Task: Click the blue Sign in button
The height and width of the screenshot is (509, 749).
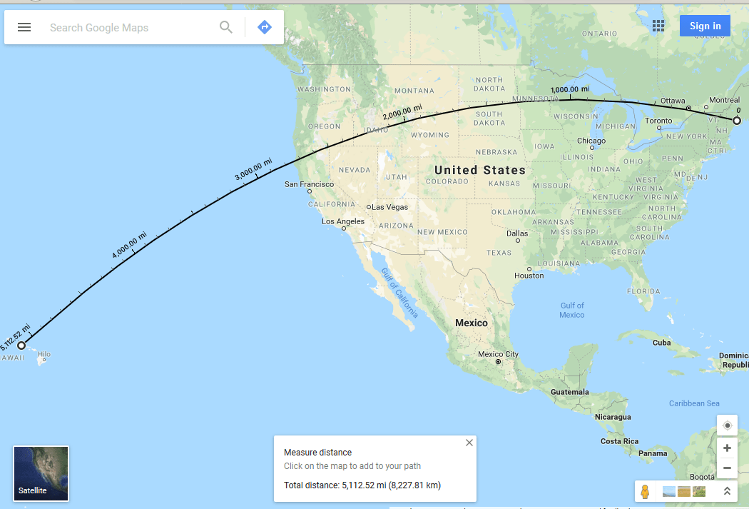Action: [705, 26]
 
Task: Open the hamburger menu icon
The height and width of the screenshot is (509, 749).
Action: [24, 27]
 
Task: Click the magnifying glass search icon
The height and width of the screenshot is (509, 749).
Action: [226, 27]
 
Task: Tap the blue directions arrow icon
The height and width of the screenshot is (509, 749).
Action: [265, 27]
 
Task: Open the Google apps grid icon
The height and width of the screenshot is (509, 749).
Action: [658, 26]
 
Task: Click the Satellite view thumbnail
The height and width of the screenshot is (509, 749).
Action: [41, 473]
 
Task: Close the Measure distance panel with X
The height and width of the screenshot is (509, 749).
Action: [469, 443]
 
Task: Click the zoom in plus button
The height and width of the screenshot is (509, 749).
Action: [727, 448]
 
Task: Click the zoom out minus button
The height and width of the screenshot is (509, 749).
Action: [727, 468]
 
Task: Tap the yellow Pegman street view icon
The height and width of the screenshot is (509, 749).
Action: [645, 491]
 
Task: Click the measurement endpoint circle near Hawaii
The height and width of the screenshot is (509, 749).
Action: [21, 346]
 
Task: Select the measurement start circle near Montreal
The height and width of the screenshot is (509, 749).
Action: [737, 121]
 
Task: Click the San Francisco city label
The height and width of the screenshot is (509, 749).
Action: [309, 184]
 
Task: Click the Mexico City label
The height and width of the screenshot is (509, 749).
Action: [498, 354]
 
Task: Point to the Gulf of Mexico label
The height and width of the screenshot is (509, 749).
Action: [572, 311]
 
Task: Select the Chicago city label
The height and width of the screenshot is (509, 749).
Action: [591, 141]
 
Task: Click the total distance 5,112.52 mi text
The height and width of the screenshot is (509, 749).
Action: [362, 485]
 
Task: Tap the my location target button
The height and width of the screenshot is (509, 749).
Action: [727, 425]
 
